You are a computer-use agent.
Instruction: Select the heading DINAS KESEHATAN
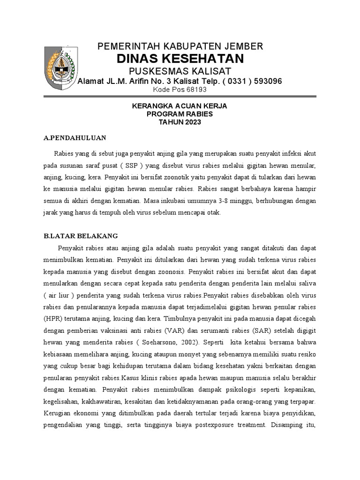180,59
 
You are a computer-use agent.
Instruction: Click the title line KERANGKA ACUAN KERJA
180,106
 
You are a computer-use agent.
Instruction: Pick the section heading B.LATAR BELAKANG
80,236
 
